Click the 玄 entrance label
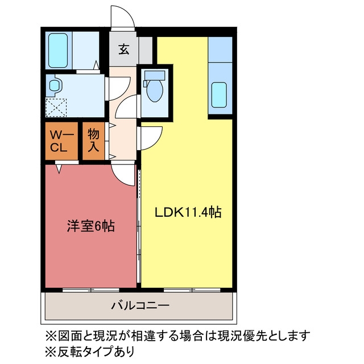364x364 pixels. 124,49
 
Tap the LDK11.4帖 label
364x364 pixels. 188,212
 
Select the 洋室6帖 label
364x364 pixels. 91,226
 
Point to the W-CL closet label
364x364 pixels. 61,140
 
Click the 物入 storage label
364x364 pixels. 93,140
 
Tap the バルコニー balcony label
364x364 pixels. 140,305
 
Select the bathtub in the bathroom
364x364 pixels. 58,51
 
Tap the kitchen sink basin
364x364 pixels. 219,95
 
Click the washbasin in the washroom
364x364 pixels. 55,85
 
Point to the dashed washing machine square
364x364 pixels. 56,107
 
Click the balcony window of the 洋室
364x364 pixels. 91,289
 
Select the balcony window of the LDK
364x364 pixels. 192,289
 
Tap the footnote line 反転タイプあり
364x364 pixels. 90,351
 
